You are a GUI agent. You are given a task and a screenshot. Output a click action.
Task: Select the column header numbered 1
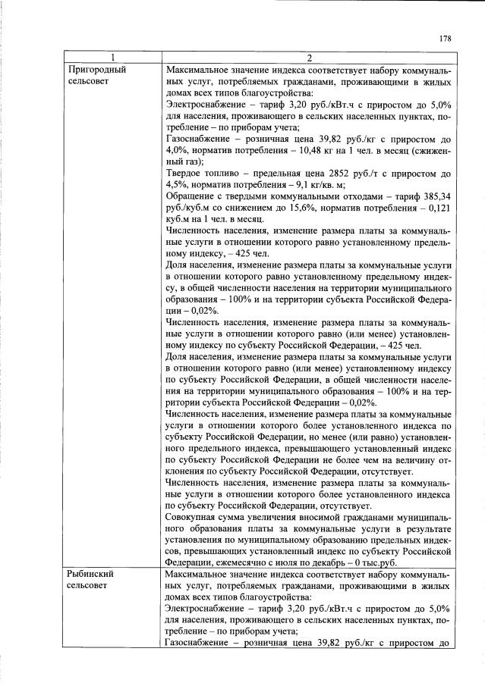click(113, 58)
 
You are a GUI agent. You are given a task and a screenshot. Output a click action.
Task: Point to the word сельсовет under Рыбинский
click(88, 586)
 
